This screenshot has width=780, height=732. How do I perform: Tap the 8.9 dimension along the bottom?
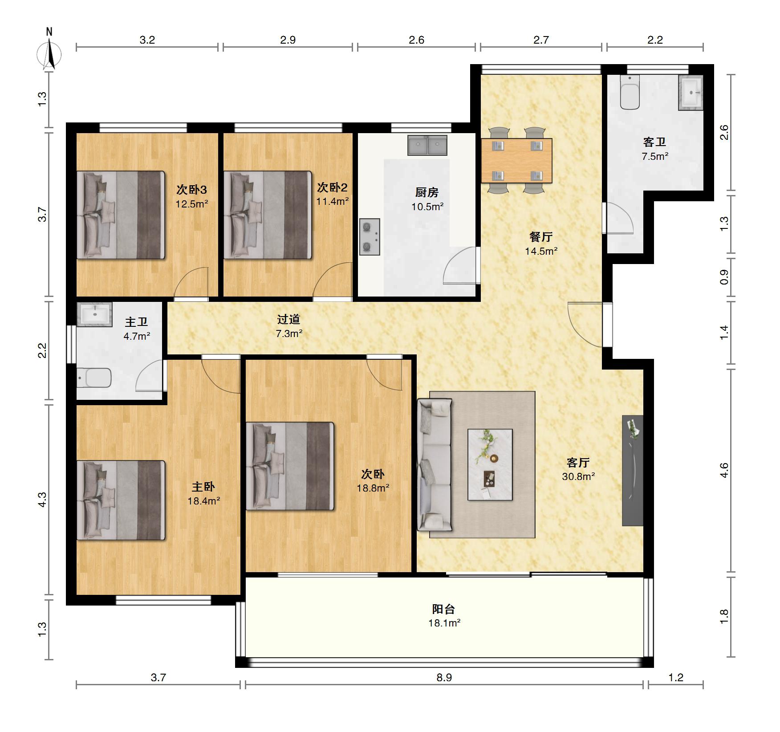444,677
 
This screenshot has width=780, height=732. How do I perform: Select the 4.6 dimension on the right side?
724,470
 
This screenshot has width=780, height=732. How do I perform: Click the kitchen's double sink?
427,145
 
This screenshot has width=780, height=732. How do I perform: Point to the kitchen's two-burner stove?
370,236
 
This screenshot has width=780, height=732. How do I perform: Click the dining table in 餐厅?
516,161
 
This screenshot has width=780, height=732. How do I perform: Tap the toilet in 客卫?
630,92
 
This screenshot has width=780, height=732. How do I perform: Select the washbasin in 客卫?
691,93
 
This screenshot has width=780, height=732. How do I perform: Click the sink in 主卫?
94,314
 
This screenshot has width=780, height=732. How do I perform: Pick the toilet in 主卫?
94,378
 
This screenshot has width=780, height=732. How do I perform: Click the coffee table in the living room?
490,464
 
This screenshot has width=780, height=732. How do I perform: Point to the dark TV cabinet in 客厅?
633,471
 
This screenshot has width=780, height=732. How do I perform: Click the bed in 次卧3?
121,215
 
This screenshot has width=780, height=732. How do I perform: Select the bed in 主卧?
121,500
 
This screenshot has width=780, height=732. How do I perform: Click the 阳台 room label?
443,609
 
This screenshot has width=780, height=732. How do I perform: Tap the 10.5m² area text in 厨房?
427,207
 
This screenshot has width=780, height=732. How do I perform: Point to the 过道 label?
288,319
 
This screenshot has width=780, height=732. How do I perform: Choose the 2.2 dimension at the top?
655,40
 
